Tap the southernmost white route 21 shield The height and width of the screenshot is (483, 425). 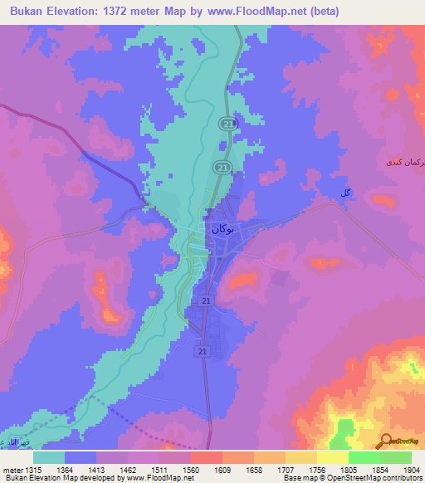[203, 352]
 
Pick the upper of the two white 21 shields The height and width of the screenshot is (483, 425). [205, 300]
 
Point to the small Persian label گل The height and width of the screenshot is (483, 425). [343, 193]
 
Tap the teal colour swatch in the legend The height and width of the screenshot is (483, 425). [48, 457]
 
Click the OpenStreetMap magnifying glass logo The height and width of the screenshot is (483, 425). [385, 441]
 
